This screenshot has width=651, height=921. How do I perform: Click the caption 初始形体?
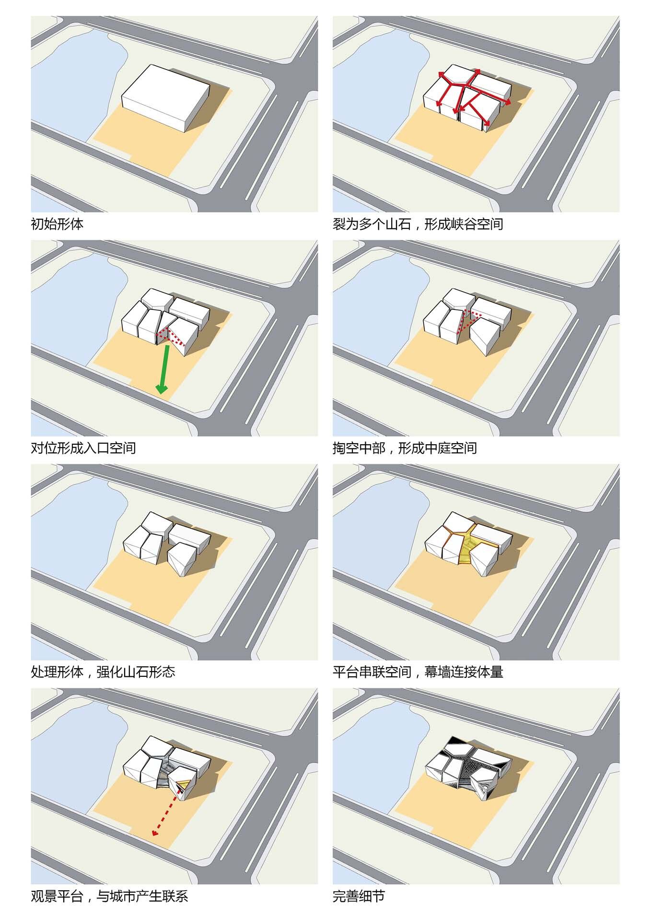point(57,224)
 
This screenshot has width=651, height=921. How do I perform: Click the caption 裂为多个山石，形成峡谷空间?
point(418,224)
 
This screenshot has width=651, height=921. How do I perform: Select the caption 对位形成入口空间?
point(83,448)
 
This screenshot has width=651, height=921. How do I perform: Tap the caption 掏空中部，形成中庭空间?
point(405,448)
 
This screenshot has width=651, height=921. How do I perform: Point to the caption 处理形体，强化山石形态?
point(103,672)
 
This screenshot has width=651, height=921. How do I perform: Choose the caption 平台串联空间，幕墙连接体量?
point(418,672)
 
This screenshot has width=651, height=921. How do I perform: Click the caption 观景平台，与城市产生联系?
point(109,896)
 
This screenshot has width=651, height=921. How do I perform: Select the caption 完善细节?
point(359,896)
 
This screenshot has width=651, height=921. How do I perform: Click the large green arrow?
point(164,369)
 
